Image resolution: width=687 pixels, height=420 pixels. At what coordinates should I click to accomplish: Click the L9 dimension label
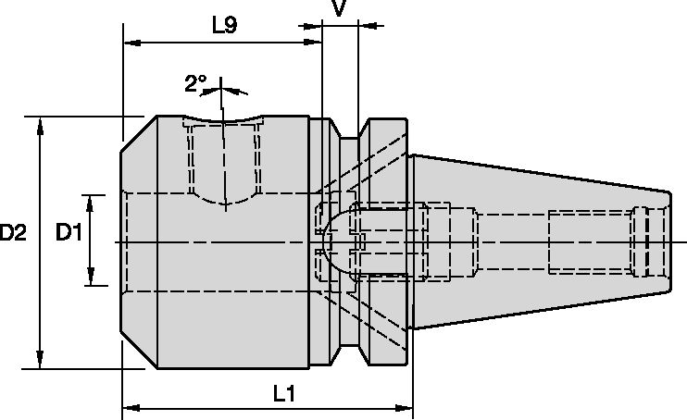point(223,25)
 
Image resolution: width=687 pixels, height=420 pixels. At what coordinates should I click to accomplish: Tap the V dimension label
point(339,9)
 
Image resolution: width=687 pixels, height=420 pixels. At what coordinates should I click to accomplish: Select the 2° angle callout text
point(195,84)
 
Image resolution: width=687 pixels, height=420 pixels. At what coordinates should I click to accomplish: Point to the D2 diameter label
point(13,235)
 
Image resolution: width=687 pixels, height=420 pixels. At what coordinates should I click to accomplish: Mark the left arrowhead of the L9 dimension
point(131,43)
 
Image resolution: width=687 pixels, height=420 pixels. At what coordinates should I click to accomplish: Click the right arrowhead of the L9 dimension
point(314,43)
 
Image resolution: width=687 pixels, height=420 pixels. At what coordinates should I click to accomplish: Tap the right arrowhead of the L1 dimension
point(405,407)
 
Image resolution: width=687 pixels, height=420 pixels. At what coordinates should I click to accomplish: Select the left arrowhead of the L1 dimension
point(131,407)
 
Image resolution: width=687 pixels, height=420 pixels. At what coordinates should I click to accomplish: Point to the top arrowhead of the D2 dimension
point(40,124)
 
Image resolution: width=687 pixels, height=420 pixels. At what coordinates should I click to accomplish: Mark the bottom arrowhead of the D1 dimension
point(91,278)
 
